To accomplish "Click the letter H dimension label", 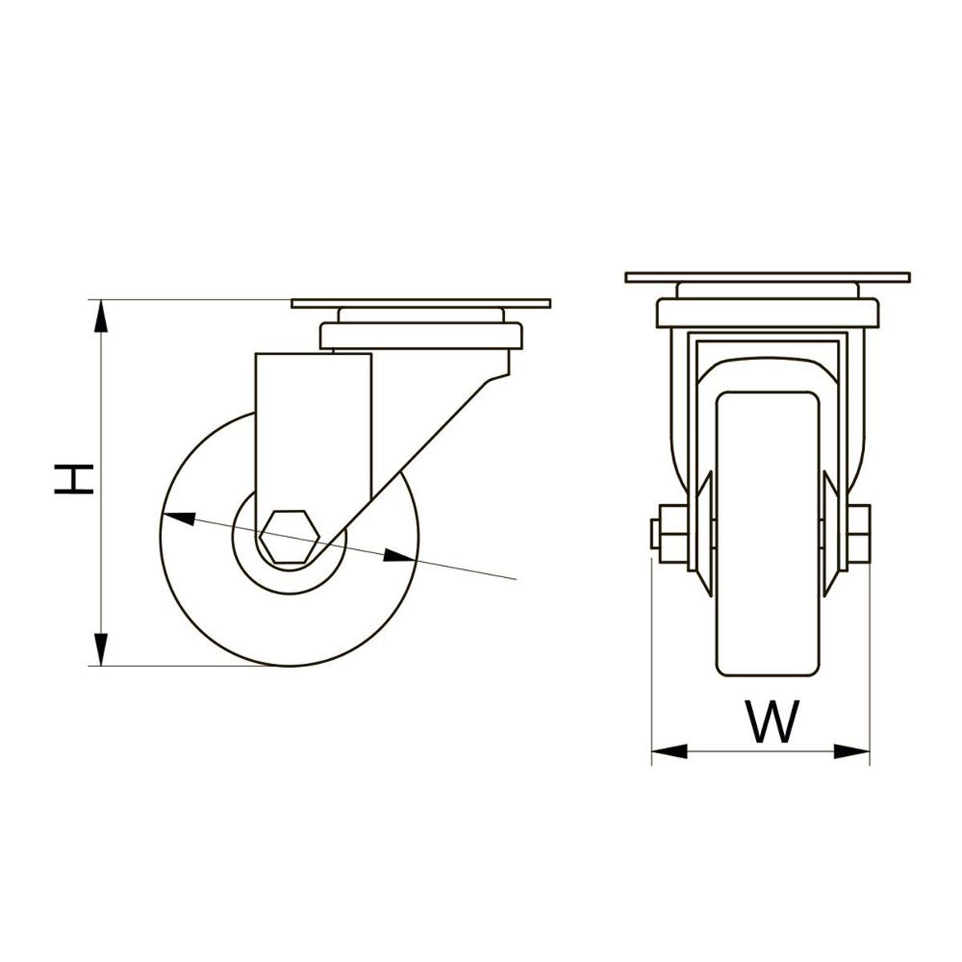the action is pyautogui.click(x=74, y=479).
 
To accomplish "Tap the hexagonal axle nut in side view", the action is pyautogui.click(x=289, y=536).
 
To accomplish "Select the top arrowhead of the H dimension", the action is pyautogui.click(x=101, y=316).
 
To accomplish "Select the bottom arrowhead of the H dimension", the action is pyautogui.click(x=101, y=649).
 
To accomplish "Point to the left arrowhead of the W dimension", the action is pyautogui.click(x=669, y=765).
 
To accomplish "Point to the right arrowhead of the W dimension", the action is pyautogui.click(x=852, y=765).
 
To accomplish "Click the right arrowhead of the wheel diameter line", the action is pyautogui.click(x=399, y=556).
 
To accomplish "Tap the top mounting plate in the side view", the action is pyautogui.click(x=421, y=304).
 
